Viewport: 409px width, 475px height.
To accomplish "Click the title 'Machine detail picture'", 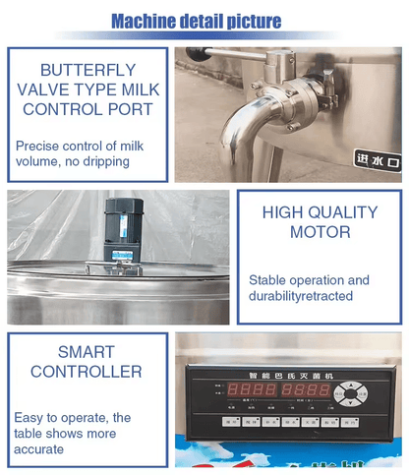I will [196, 21].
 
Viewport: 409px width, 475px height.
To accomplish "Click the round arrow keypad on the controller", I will [348, 394].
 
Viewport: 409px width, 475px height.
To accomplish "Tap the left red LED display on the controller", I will [251, 390].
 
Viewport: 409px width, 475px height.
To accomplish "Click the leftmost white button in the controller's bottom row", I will [229, 422].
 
